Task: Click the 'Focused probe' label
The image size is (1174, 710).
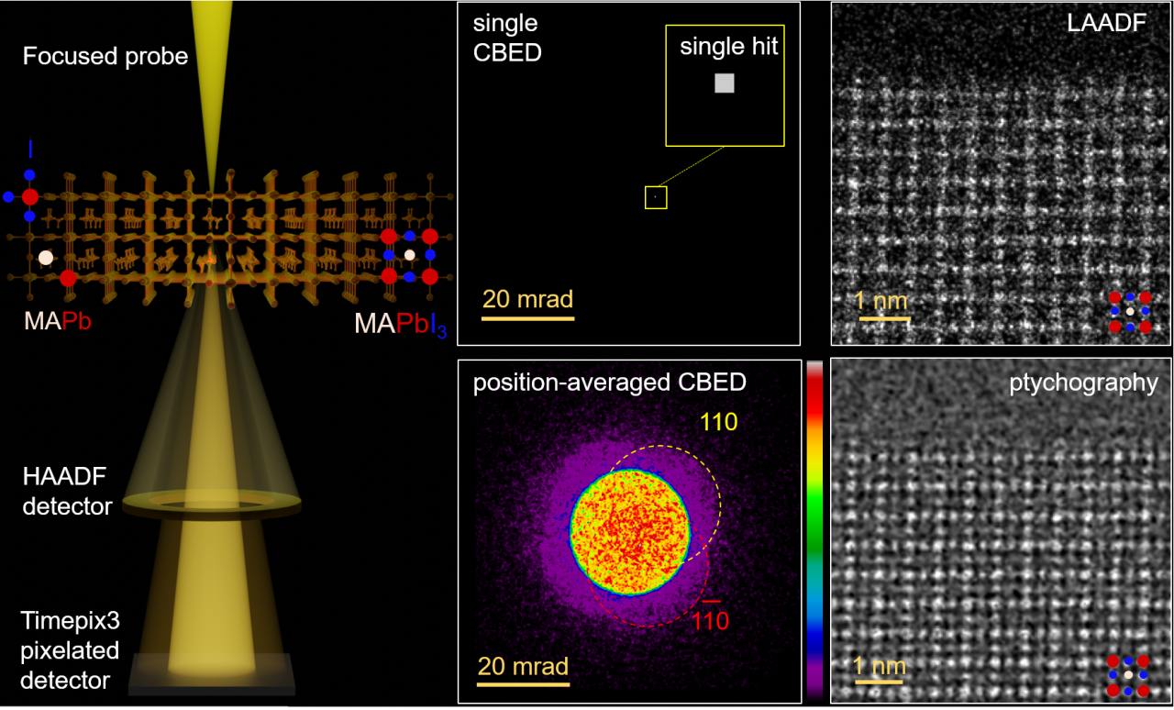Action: pyautogui.click(x=105, y=57)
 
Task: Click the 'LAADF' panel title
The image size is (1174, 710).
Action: pyautogui.click(x=1106, y=24)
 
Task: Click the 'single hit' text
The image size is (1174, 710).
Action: pyautogui.click(x=728, y=48)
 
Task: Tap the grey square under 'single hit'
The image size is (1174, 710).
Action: pyautogui.click(x=725, y=83)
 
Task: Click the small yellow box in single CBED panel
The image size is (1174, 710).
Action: pyautogui.click(x=656, y=197)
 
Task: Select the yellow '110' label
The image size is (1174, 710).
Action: pyautogui.click(x=718, y=423)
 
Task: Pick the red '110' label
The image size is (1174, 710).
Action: pyautogui.click(x=710, y=621)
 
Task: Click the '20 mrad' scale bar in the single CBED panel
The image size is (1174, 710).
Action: pyautogui.click(x=528, y=318)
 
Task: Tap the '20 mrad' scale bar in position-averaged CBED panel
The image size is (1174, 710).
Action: pyautogui.click(x=523, y=683)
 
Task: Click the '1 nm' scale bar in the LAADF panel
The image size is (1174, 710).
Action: pyautogui.click(x=884, y=318)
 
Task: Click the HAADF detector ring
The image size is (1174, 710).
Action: pyautogui.click(x=211, y=502)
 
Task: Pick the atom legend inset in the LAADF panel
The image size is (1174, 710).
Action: pyautogui.click(x=1129, y=312)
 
